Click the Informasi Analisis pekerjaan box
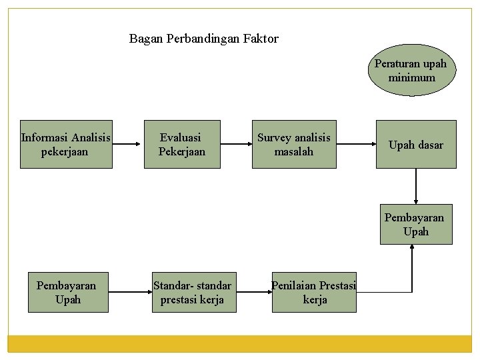coord(66,144)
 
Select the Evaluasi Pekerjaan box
coord(182,144)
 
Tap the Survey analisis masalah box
coord(294,144)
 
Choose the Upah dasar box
coord(416,144)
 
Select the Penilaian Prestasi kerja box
coord(314,292)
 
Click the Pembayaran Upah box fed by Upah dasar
coord(414,224)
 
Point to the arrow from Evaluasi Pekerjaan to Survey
coord(235,143)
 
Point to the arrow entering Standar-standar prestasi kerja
coord(129,291)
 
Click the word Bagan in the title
coord(144,39)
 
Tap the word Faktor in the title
coord(262,39)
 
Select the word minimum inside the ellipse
coord(412,77)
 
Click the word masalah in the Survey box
coord(294,151)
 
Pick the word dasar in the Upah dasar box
coord(431,145)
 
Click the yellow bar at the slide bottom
coord(240,343)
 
